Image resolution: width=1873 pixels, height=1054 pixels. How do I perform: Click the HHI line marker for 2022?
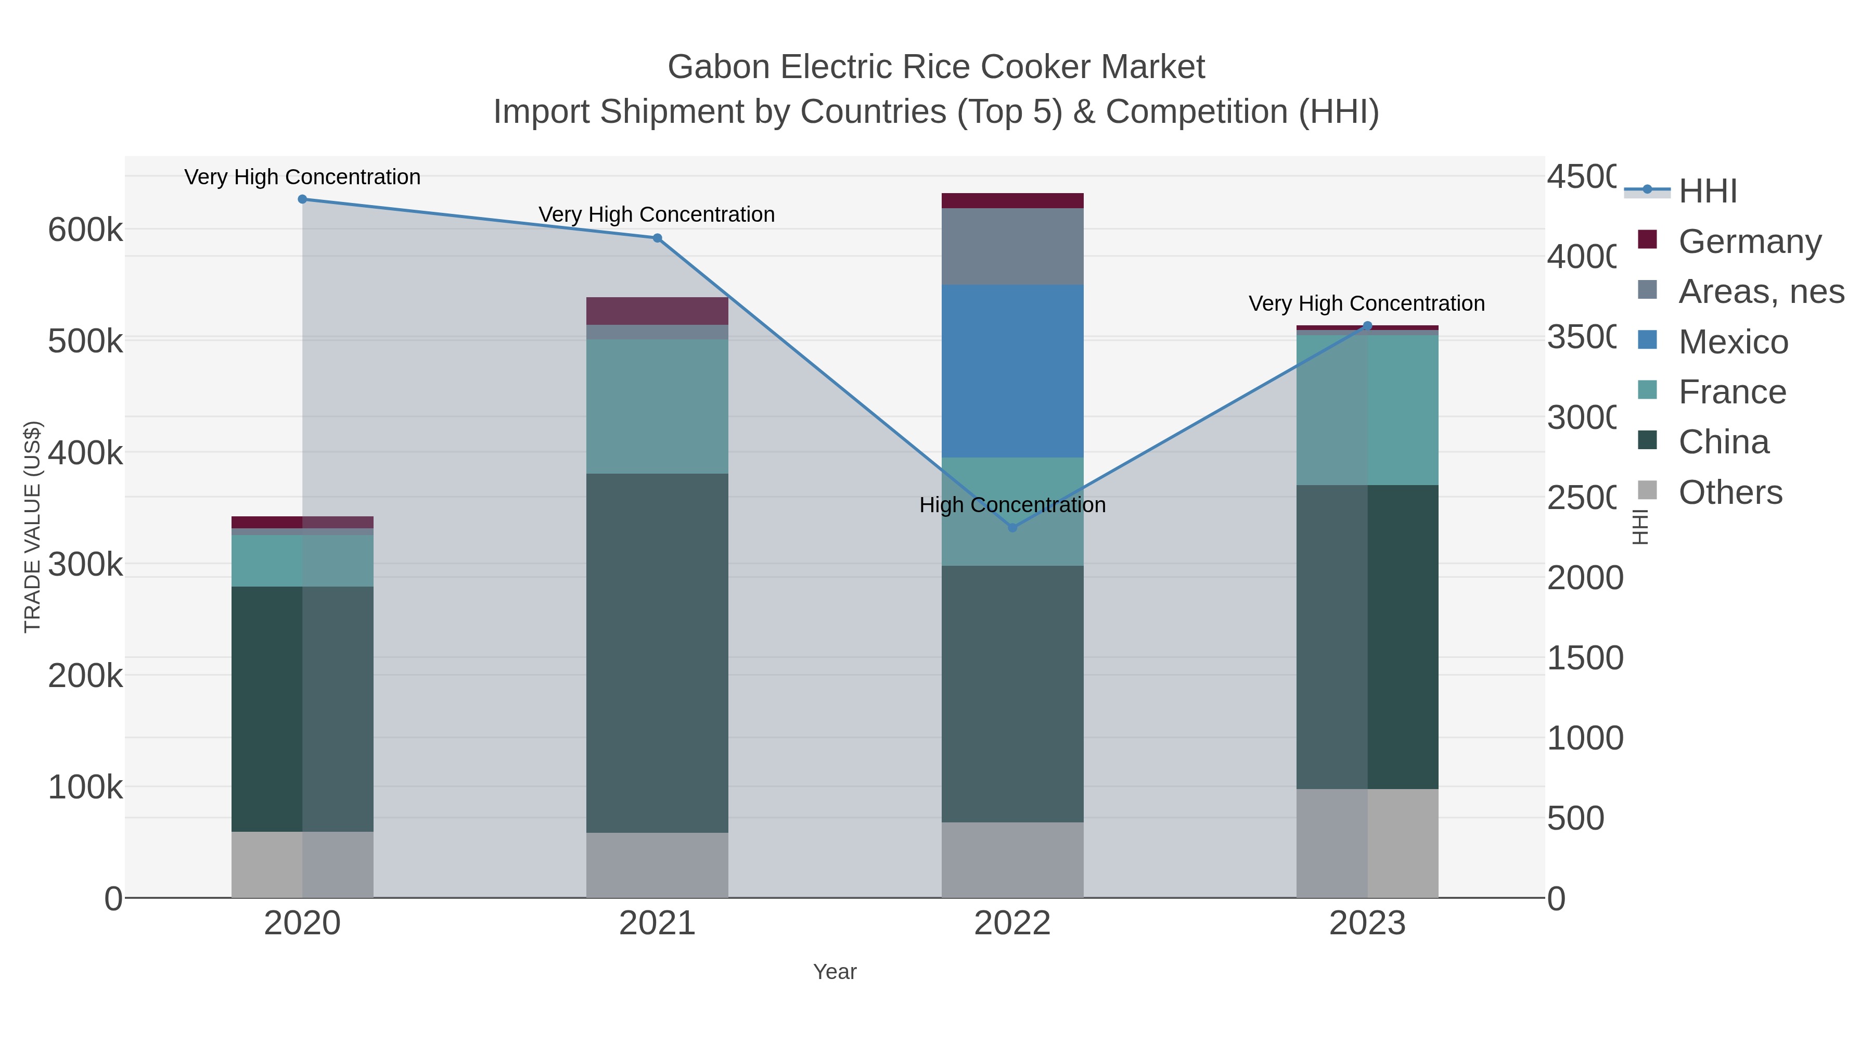coord(1012,527)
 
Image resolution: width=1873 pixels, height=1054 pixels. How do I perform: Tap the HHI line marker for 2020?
coord(302,199)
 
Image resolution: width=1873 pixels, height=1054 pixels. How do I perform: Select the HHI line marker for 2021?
coord(657,238)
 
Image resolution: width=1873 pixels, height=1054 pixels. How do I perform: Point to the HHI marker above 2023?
coord(1367,326)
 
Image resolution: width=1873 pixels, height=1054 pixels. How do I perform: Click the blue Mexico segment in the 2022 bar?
coord(1012,371)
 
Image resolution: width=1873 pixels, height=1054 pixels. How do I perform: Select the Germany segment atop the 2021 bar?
coord(657,311)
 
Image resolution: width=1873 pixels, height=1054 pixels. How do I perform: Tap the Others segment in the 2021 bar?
coord(657,865)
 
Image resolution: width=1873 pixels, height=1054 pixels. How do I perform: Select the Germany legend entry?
coord(1749,241)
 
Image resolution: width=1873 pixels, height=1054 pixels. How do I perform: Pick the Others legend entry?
coord(1730,492)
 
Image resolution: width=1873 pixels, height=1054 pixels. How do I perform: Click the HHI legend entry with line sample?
coord(1707,191)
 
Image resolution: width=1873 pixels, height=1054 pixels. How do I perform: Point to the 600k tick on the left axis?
coord(85,230)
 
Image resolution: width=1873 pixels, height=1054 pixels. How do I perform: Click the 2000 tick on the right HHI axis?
coord(1584,578)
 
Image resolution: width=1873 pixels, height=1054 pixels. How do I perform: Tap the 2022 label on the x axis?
coord(1012,924)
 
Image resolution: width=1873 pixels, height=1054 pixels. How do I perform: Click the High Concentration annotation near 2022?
coord(1012,505)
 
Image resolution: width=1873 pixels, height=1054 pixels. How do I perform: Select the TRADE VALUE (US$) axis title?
coord(33,527)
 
